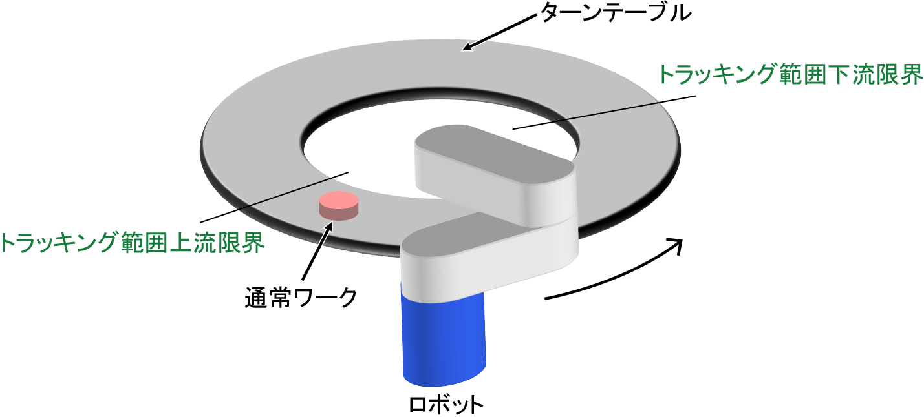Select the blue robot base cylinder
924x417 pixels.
(x=444, y=336)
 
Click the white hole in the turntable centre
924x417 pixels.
(x=362, y=155)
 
